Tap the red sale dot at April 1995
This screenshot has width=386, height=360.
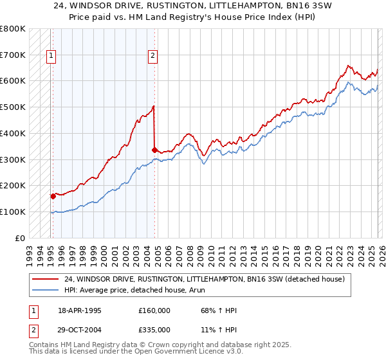[x=53, y=196]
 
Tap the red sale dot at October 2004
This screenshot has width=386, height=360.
[x=154, y=150]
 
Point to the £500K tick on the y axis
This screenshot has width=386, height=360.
[x=13, y=107]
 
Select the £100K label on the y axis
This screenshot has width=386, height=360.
[x=13, y=212]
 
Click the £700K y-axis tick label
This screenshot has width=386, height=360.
[x=13, y=55]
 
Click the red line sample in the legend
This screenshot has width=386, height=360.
[x=46, y=279]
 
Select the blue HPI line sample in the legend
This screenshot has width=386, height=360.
[x=46, y=290]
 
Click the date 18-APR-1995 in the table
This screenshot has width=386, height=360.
[x=80, y=310]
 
